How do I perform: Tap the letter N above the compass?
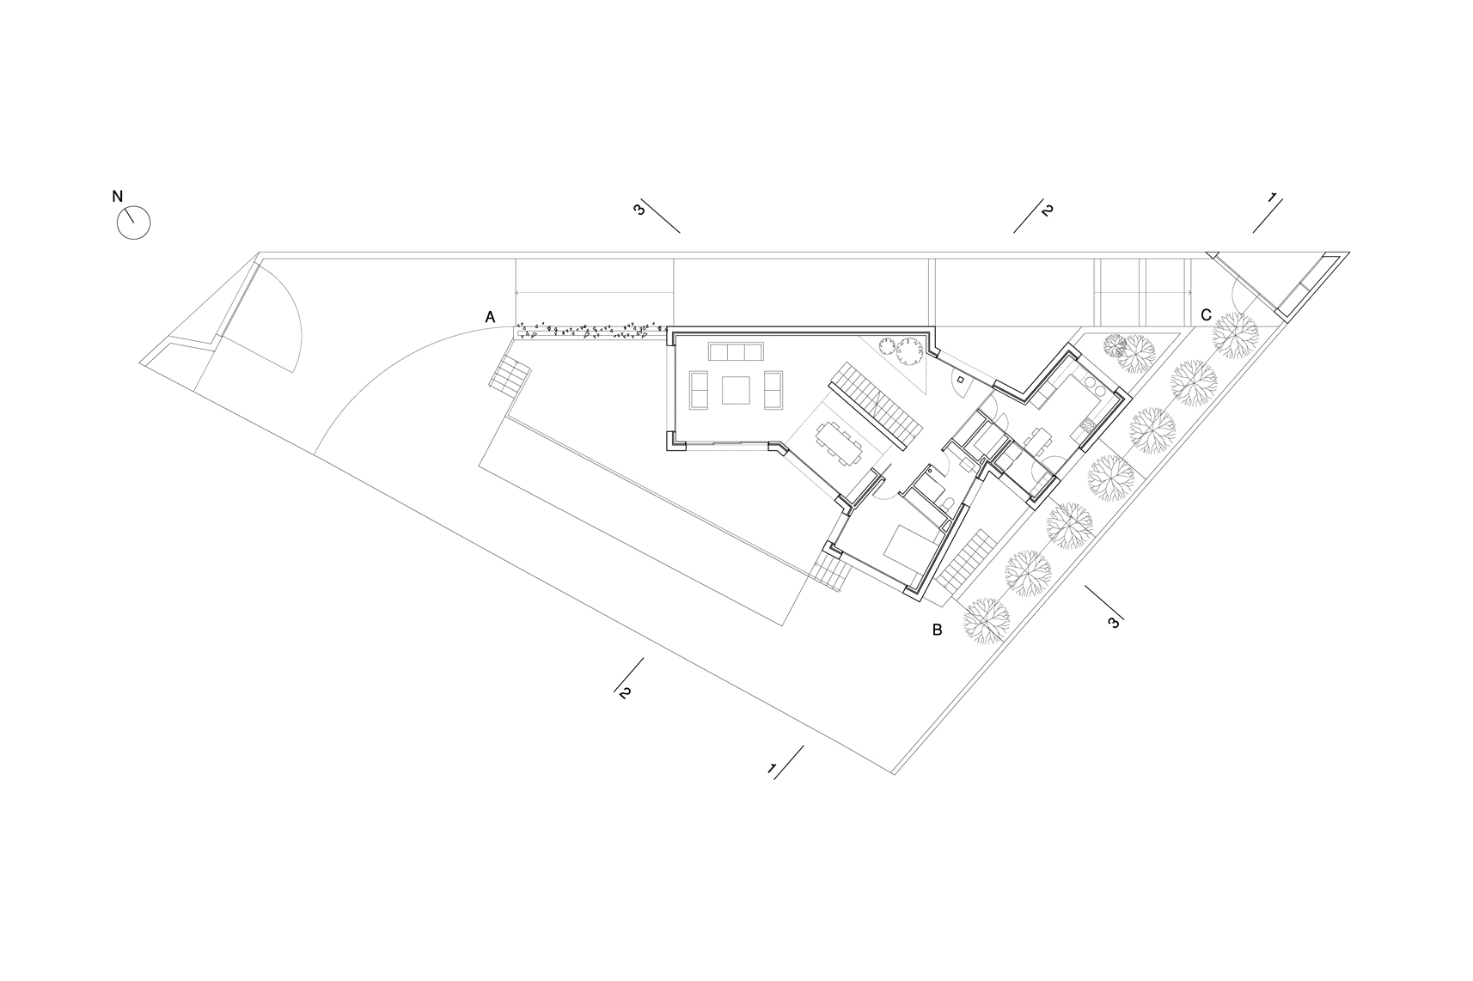click(x=118, y=196)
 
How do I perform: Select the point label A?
click(x=490, y=317)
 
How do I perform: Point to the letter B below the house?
click(x=937, y=630)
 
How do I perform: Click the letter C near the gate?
click(x=1206, y=315)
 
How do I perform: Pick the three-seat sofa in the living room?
click(x=736, y=351)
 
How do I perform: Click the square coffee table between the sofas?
click(x=735, y=390)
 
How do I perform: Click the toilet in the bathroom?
click(x=948, y=504)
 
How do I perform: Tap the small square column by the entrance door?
click(x=960, y=380)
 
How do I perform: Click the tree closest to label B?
click(x=987, y=619)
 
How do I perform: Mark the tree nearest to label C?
click(x=1235, y=334)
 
